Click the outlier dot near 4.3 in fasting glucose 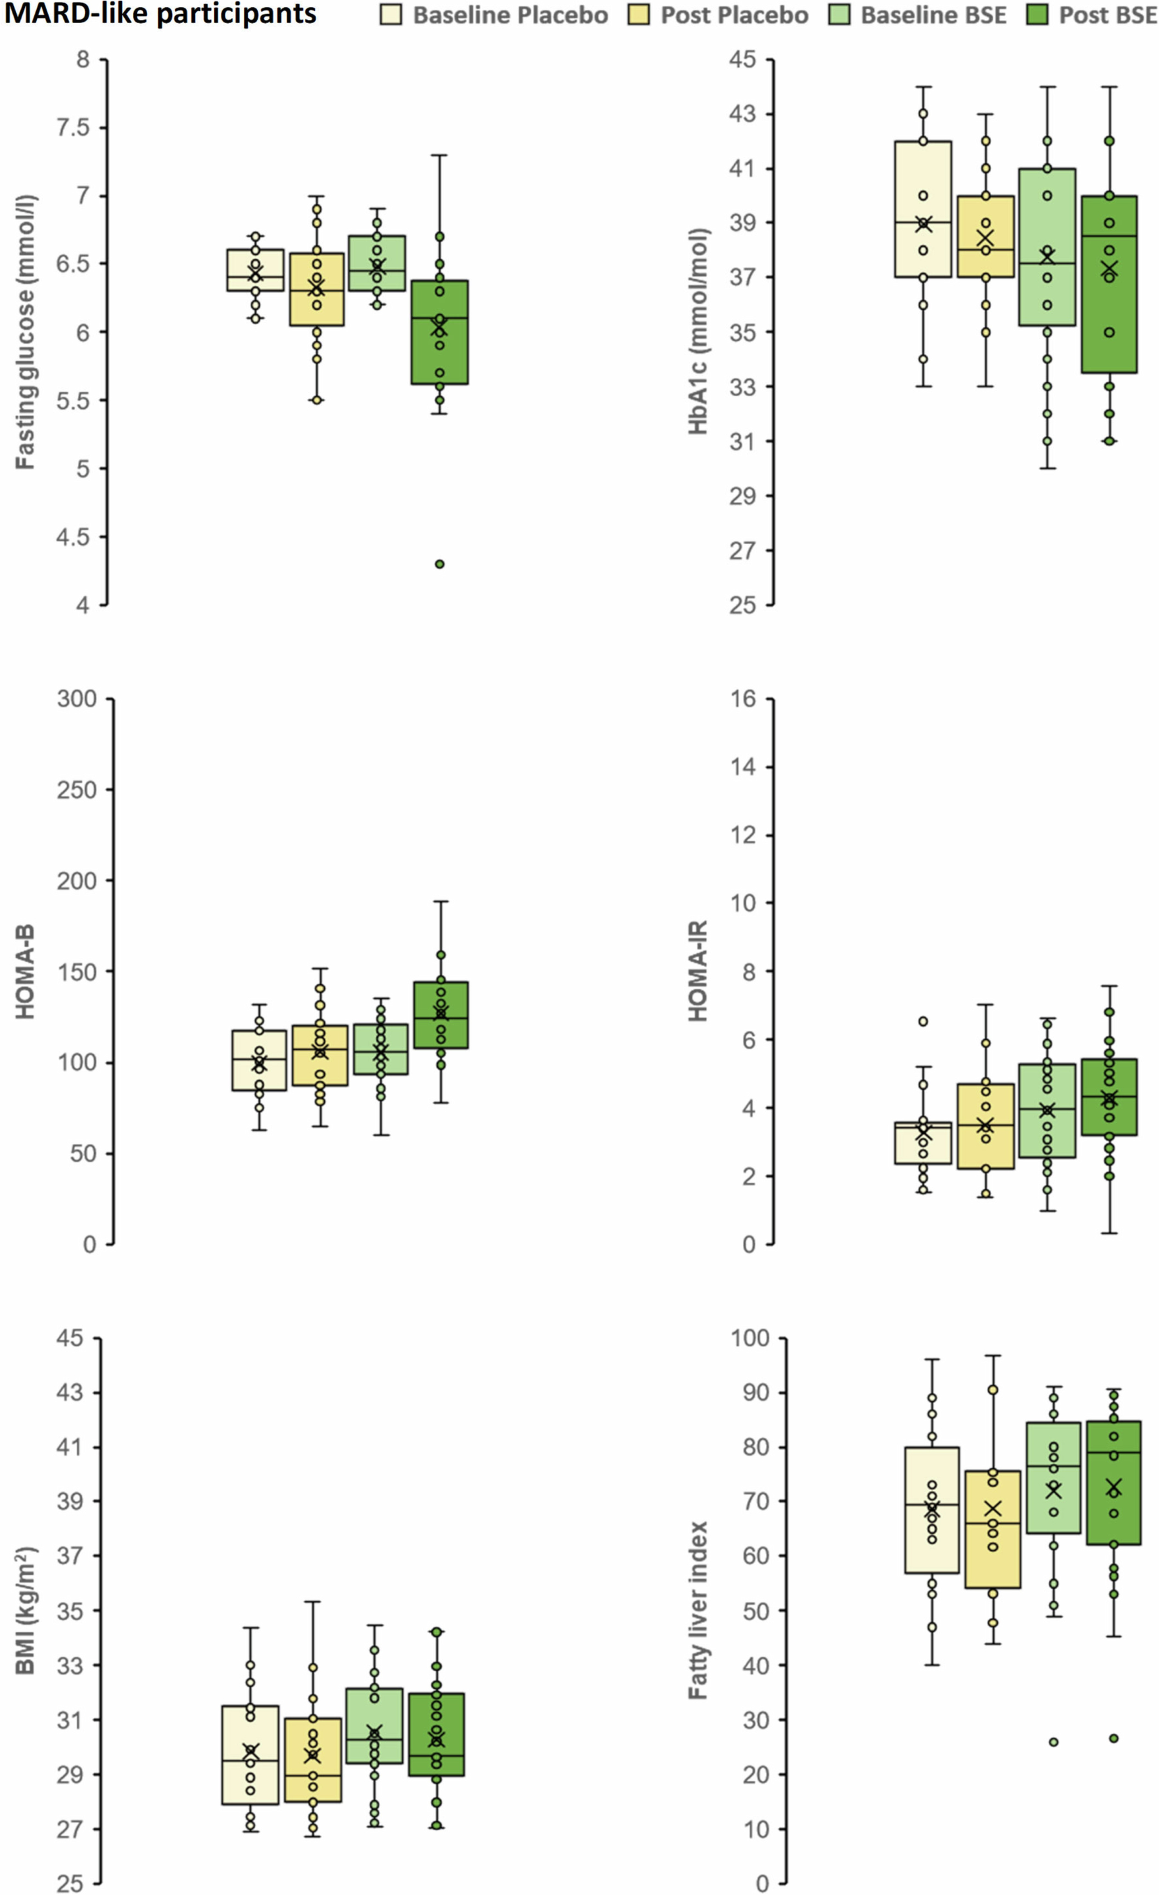(x=440, y=564)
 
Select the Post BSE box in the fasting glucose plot (x=440, y=331)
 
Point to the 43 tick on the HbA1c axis (x=742, y=114)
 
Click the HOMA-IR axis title (x=698, y=971)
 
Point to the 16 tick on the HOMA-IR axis (x=744, y=698)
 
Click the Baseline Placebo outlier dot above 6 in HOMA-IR (x=923, y=1021)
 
